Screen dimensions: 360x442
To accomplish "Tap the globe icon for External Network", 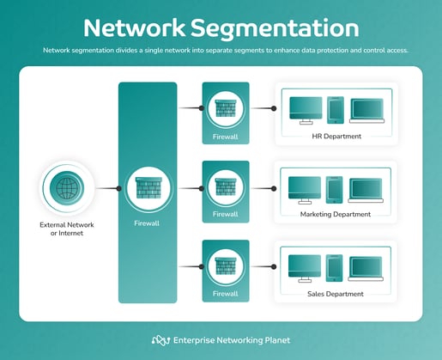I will (65, 187).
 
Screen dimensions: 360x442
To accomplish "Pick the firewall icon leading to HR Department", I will (225, 108).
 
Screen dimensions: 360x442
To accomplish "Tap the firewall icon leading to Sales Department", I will (225, 265).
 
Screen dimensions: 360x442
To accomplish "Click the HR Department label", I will (336, 136).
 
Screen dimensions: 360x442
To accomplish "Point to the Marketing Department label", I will (336, 214).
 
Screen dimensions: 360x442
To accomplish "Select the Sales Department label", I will (336, 293).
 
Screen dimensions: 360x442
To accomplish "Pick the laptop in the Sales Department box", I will (367, 267).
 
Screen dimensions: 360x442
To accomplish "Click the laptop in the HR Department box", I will (367, 109).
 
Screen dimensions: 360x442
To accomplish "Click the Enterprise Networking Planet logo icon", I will (160, 340).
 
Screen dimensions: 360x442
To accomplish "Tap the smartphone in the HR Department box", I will (336, 109).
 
